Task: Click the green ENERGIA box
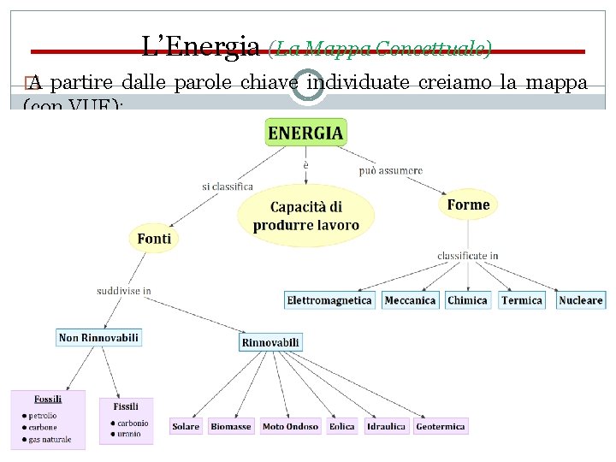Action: tap(305, 133)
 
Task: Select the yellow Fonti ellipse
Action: tap(154, 239)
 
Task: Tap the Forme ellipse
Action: tap(468, 205)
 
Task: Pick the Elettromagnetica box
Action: tap(329, 300)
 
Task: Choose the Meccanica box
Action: tap(410, 300)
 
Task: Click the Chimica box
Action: tap(467, 300)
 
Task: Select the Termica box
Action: tap(522, 300)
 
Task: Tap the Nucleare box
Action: tap(581, 300)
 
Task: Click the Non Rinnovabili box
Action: tap(98, 338)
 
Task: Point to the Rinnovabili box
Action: tap(270, 342)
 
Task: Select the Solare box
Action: tap(186, 426)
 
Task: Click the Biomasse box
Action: tap(231, 426)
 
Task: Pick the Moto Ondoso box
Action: tap(290, 426)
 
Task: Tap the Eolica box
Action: tap(341, 426)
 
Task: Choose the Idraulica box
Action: tap(386, 426)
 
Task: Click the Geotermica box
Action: tap(441, 426)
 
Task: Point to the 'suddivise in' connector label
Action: tap(124, 291)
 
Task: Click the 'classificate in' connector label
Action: tap(468, 256)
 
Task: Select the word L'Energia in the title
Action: tap(201, 46)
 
